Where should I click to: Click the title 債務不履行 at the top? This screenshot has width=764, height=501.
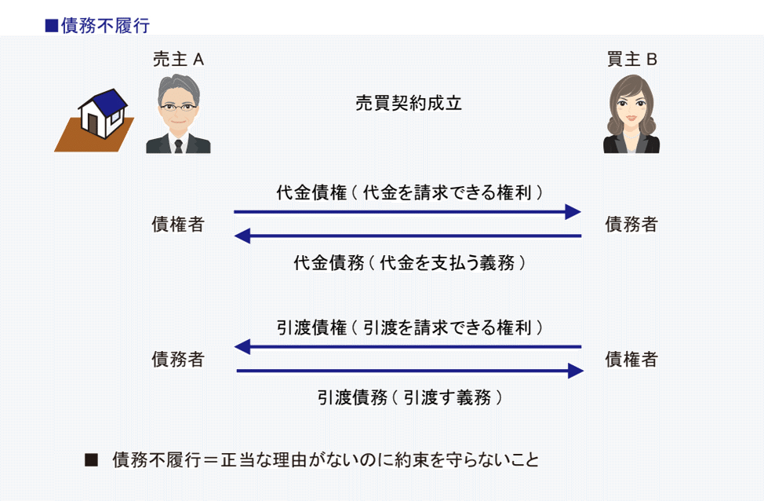(x=105, y=25)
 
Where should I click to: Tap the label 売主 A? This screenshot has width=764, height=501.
(x=178, y=60)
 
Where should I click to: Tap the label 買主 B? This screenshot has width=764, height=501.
(x=632, y=60)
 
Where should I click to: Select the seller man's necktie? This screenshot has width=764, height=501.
(x=178, y=146)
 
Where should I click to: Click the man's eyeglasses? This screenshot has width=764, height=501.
(x=178, y=107)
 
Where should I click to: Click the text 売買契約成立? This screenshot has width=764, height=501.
(x=409, y=103)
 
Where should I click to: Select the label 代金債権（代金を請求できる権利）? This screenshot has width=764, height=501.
(x=409, y=192)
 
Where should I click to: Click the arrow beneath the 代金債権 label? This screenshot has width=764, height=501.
(x=407, y=212)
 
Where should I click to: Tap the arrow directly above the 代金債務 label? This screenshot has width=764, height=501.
(x=407, y=236)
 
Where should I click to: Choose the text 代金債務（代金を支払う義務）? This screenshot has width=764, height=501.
(x=409, y=263)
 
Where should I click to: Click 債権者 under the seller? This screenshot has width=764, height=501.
(x=178, y=224)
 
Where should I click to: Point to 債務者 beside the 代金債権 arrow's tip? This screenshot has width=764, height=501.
(x=631, y=224)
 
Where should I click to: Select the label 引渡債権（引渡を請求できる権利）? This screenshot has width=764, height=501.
(x=409, y=327)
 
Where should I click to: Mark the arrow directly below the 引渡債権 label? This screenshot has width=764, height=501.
(x=407, y=347)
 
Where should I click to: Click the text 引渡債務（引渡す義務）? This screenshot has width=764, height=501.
(x=409, y=397)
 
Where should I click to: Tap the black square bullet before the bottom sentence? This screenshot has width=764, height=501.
(x=91, y=459)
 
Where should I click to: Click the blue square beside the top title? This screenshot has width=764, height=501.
(x=52, y=25)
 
